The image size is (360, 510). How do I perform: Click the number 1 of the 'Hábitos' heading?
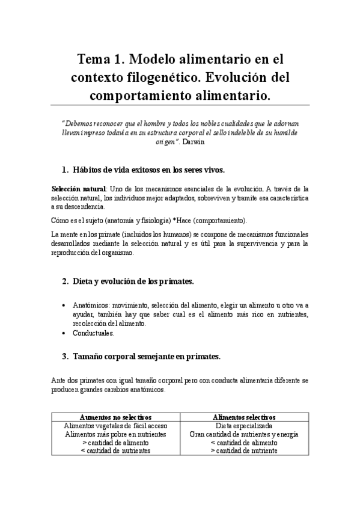coord(66,170)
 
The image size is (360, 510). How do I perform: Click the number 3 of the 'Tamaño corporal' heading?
coord(66,356)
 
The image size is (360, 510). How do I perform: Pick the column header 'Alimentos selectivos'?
coord(243,417)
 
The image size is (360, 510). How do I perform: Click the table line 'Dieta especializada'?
coord(243,425)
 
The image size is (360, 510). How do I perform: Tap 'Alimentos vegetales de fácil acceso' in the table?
coord(116,425)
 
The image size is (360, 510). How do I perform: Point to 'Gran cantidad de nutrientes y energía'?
coord(243,434)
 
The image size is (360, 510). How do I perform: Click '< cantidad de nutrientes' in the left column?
coord(116,450)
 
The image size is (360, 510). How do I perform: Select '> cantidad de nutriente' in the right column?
coord(243,450)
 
